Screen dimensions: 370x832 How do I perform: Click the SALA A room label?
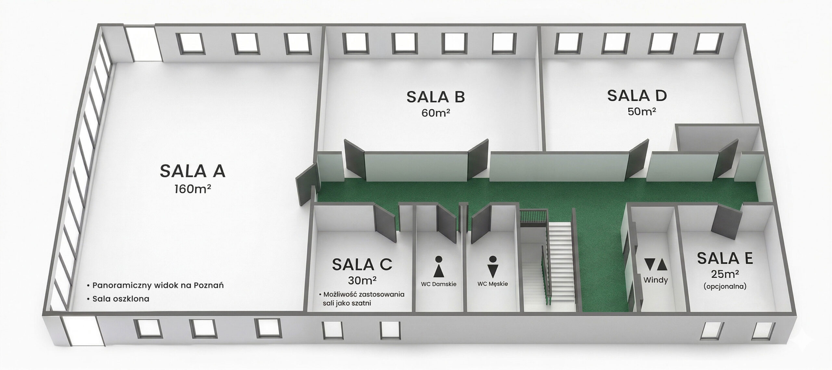coord(192,171)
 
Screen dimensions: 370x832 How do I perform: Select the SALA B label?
coord(436,97)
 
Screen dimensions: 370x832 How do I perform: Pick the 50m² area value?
coord(637,111)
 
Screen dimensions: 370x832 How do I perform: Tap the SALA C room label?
coord(362,264)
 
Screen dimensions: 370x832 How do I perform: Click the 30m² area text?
coord(362,280)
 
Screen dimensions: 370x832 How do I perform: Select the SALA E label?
coord(725,259)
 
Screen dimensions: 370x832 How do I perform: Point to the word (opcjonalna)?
coord(725,287)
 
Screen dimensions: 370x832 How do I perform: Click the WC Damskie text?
coord(439,284)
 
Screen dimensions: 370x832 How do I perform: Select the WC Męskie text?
coord(493,284)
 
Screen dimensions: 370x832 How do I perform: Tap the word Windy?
coord(656,280)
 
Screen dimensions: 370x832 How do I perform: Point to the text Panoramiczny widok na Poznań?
coord(158,286)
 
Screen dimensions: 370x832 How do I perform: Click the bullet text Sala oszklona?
coord(121,299)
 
